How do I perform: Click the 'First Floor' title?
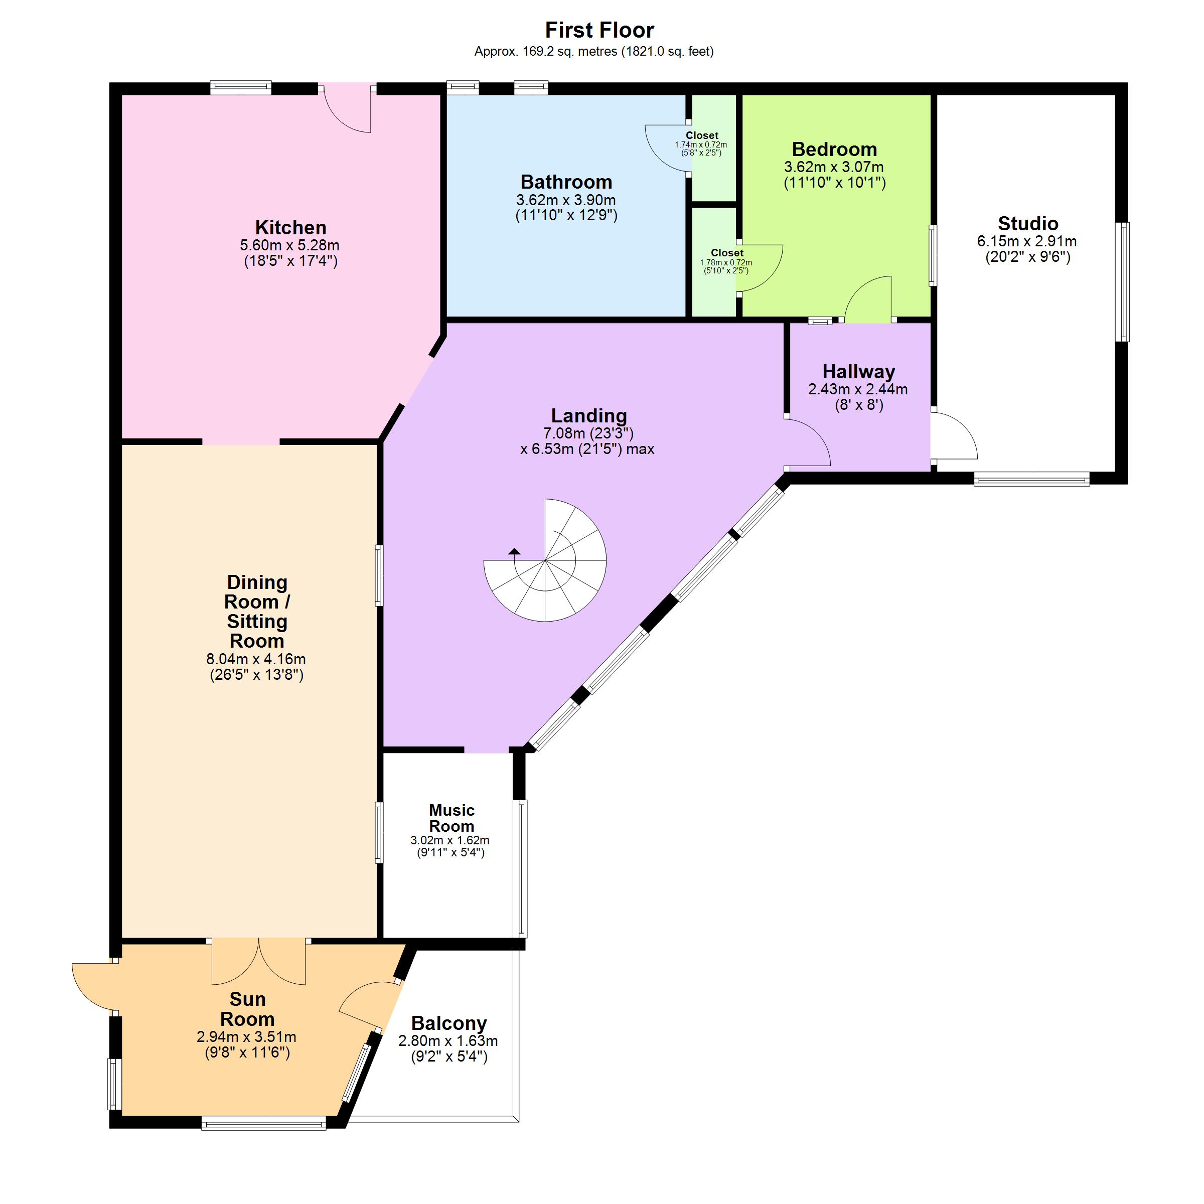[x=599, y=30]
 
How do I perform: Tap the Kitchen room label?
[x=290, y=227]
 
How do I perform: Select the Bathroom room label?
[x=566, y=182]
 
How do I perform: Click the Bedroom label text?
[x=834, y=149]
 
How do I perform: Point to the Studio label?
[x=1027, y=223]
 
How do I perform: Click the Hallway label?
[x=858, y=371]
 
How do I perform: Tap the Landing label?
[x=588, y=416]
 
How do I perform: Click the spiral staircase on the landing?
[x=545, y=560]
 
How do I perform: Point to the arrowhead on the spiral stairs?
[x=514, y=551]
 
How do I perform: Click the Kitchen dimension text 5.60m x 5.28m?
[x=290, y=245]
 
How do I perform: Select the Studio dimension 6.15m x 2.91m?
[x=1027, y=241]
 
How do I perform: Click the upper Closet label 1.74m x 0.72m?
[x=701, y=144]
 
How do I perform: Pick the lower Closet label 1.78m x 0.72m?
[x=726, y=262]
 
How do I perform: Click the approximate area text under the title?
[x=594, y=52]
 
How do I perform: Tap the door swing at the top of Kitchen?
[x=348, y=108]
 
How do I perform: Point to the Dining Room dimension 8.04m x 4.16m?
[x=256, y=659]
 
